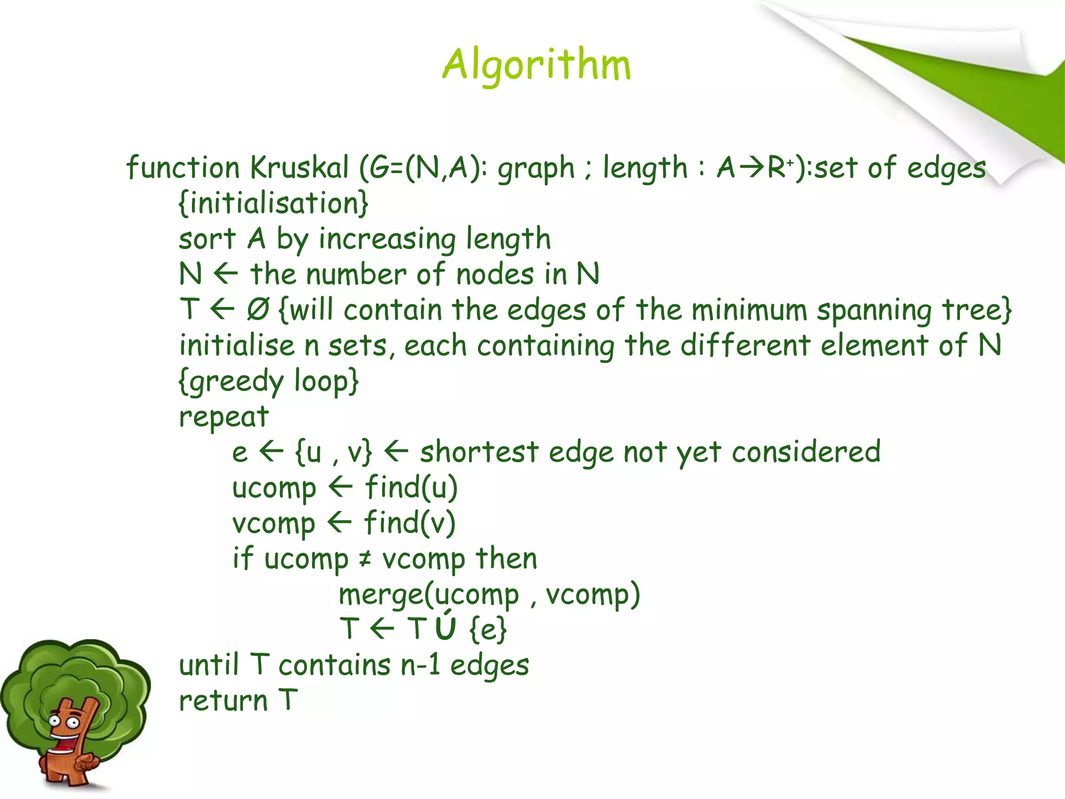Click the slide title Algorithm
point(536,65)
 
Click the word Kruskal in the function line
point(299,168)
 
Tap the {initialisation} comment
point(274,203)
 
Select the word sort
point(207,239)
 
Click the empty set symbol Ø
point(258,310)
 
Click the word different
point(745,345)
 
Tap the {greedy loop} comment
point(268,381)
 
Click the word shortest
point(479,452)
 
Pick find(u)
point(411,487)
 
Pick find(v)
point(409,523)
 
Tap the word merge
point(381,595)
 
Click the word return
point(223,701)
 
